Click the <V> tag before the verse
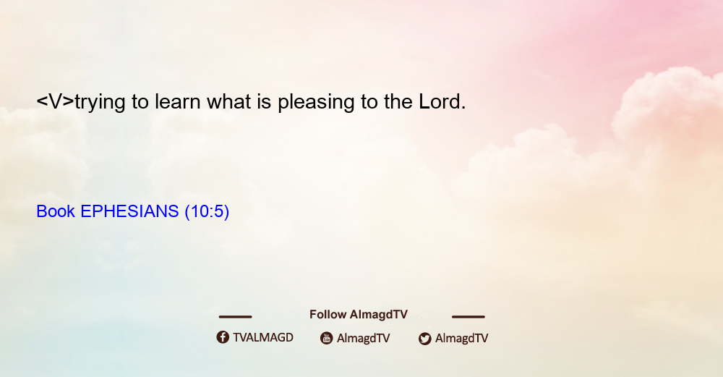(x=55, y=101)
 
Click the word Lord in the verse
(x=442, y=101)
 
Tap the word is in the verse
(x=264, y=101)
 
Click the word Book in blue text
(x=56, y=211)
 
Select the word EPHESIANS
(x=129, y=211)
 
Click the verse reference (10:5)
(x=207, y=211)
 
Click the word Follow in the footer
(x=328, y=314)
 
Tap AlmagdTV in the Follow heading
(x=379, y=315)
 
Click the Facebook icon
(x=223, y=337)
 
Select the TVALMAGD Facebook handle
(x=263, y=337)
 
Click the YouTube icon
(x=327, y=338)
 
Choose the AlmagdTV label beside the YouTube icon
(x=364, y=338)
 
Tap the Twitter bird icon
(x=424, y=339)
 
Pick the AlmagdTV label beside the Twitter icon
(x=461, y=338)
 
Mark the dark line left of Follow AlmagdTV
(x=235, y=316)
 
